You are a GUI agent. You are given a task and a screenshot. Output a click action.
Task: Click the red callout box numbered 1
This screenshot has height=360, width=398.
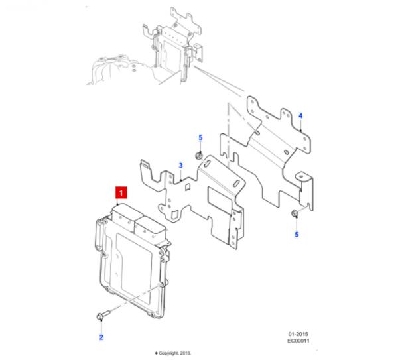[121, 192]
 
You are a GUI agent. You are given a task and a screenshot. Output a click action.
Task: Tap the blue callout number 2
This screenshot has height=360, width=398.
[101, 337]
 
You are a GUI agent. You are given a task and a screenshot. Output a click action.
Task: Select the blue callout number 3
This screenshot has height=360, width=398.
[180, 166]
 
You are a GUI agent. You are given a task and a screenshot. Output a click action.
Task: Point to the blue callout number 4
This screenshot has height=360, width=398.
[300, 116]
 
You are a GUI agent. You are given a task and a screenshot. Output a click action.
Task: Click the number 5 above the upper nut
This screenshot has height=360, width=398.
[200, 138]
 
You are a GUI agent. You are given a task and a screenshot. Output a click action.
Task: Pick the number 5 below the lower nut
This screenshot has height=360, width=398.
[297, 235]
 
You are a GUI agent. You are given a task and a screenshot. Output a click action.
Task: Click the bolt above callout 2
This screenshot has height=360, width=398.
[103, 315]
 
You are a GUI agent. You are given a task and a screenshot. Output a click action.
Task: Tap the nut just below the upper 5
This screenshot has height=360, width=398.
[199, 156]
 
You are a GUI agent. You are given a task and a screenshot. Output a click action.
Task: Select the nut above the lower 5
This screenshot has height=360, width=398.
[295, 213]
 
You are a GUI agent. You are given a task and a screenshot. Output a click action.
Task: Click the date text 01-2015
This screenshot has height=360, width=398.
[298, 334]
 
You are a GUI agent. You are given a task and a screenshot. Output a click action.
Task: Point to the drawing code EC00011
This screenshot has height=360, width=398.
[298, 341]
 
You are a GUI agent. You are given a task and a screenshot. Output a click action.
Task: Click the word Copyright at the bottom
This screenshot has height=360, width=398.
[169, 353]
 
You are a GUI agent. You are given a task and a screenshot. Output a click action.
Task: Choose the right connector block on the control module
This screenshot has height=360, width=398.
[151, 228]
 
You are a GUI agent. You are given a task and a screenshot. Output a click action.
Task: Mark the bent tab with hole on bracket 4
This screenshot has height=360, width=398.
[305, 189]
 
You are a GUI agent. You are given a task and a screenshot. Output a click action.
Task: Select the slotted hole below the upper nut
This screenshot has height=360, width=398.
[206, 164]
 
